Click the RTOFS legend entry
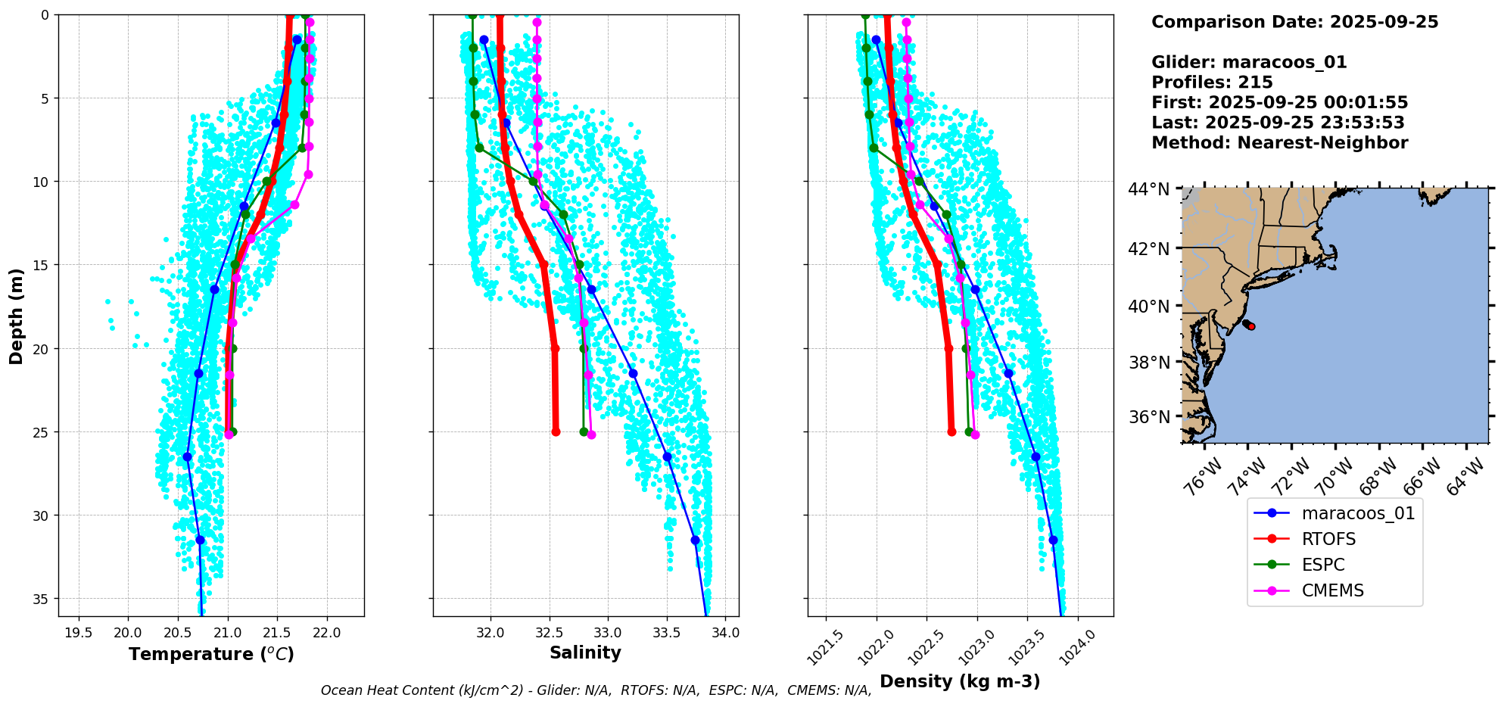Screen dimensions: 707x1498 1328,539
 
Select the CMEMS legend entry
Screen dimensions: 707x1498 1332,590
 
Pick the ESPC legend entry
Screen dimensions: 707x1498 1323,565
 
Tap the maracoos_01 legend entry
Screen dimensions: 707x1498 1358,513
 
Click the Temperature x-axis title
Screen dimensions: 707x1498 211,654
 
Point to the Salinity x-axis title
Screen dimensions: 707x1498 585,652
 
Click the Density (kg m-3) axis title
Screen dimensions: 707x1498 960,681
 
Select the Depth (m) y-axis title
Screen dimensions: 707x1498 16,316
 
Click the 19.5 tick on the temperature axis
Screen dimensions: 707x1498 79,633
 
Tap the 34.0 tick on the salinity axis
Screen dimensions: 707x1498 725,633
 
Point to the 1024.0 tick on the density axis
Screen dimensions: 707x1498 1078,648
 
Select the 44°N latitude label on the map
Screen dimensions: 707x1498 1150,189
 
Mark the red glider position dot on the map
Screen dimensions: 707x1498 1251,326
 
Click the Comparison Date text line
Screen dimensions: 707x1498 1294,22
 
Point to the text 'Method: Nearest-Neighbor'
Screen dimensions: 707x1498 1279,143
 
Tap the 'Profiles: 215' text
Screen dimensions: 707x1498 1212,83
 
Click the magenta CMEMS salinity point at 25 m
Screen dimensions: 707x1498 591,434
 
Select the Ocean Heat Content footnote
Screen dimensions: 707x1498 596,690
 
